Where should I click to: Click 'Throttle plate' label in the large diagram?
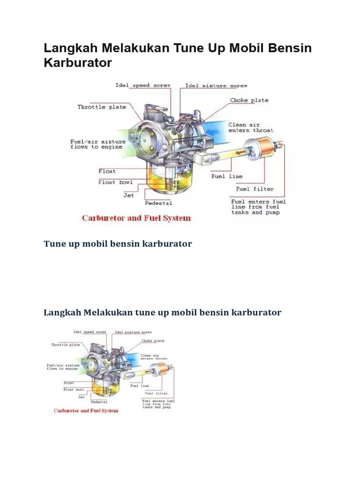tap(102, 107)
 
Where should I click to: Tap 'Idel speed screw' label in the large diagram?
tap(143, 85)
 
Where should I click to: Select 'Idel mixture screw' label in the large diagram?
tap(216, 86)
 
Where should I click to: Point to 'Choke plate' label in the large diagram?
tap(249, 100)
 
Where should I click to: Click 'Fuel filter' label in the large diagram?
tap(255, 189)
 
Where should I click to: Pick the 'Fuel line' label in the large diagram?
tap(227, 176)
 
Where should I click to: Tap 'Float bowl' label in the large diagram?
tap(115, 182)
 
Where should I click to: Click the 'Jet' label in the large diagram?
tap(128, 195)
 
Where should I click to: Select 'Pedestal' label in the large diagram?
tap(158, 203)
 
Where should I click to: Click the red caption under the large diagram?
tap(136, 218)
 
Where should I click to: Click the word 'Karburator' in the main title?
tap(78, 63)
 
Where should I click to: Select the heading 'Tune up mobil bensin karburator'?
tap(118, 244)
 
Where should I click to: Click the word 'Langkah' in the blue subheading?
tap(62, 312)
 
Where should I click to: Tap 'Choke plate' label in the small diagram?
tap(152, 341)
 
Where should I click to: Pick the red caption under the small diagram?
tap(86, 411)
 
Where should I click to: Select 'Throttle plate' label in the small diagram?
tap(65, 345)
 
